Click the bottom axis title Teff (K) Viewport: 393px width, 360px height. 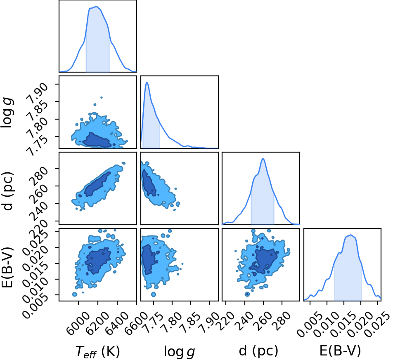(x=97, y=351)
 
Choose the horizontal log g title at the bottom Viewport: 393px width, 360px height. (x=179, y=351)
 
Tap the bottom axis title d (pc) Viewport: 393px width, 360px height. (x=258, y=351)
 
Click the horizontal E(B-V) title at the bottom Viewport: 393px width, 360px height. (x=340, y=351)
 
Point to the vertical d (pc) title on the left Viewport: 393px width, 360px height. (x=7, y=191)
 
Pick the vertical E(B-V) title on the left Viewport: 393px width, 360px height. (x=7, y=267)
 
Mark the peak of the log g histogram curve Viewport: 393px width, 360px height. (x=147, y=82)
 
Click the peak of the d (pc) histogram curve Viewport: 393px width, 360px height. (x=263, y=159)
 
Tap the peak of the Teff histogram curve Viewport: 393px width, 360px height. (x=97, y=6)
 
